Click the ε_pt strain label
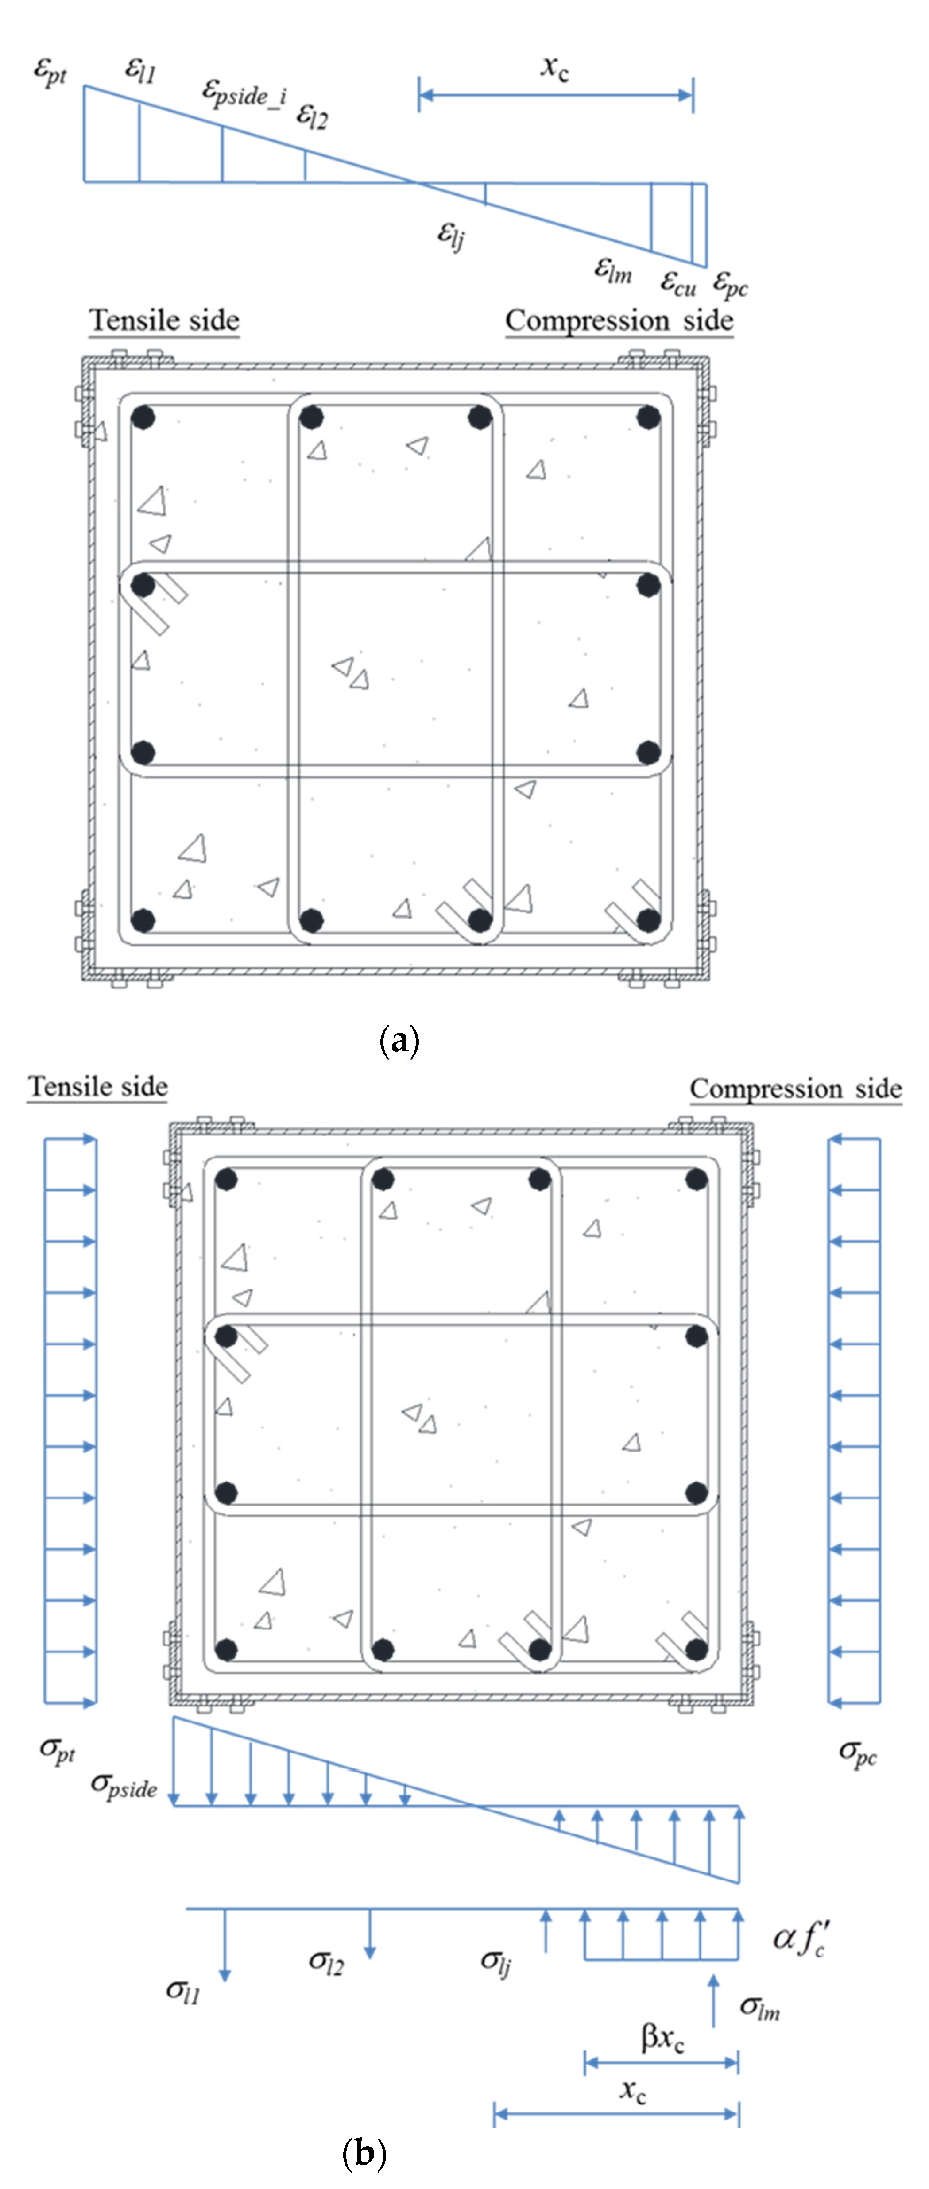(49, 71)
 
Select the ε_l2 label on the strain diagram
(312, 116)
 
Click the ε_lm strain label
(612, 270)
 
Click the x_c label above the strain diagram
(554, 66)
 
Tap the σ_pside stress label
(124, 1785)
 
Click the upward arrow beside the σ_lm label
(713, 2001)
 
